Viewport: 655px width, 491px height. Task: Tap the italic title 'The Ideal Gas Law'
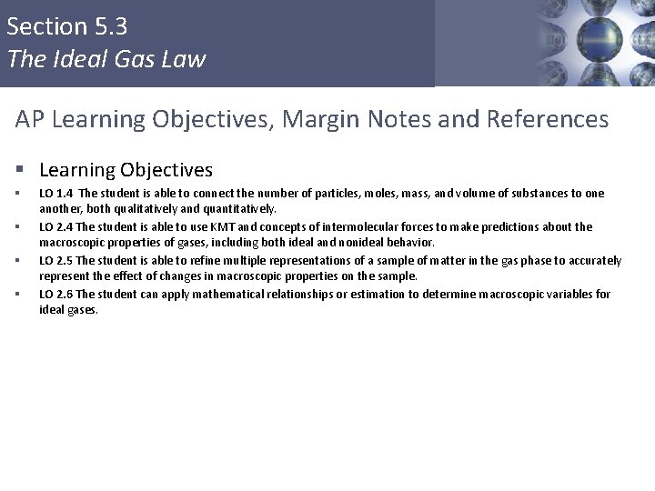106,60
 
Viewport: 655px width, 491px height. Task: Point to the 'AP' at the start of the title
30,118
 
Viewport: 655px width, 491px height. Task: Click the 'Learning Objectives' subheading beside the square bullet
126,169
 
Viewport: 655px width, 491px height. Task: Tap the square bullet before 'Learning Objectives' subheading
20,170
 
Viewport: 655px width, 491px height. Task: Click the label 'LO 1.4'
56,194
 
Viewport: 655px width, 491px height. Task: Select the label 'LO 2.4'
56,226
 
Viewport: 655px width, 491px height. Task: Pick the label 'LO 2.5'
56,261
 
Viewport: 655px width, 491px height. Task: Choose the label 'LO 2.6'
56,294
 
